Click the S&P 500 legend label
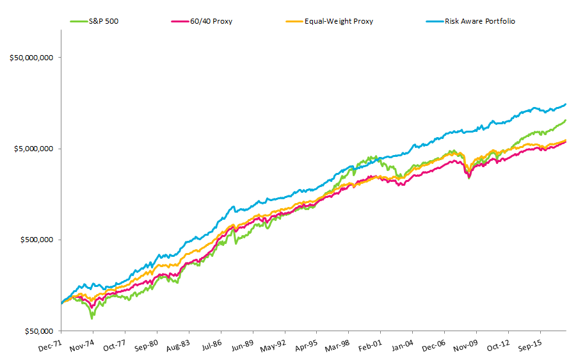point(104,21)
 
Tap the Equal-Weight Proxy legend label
point(339,21)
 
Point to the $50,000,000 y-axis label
point(31,58)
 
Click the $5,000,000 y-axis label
point(33,149)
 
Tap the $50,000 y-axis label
point(37,331)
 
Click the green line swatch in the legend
point(79,21)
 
